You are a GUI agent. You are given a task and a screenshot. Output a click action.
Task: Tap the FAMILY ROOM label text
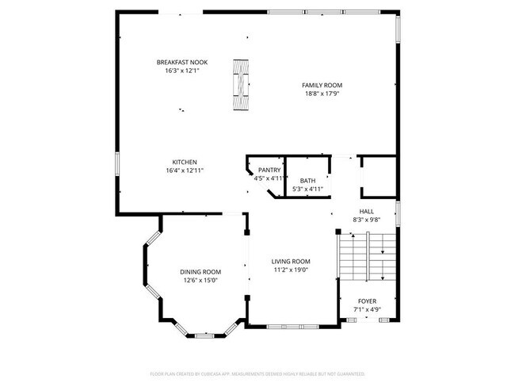pos(321,85)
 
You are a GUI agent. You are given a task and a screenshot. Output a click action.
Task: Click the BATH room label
pos(307,181)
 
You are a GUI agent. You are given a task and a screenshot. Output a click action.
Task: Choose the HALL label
pos(366,211)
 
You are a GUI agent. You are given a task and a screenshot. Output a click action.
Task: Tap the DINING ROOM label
pos(201,271)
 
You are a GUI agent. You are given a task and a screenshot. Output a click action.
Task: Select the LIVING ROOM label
pos(291,261)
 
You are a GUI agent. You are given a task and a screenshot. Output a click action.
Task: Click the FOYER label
pos(367,301)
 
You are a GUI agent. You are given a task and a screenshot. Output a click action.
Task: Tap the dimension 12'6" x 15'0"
pos(201,279)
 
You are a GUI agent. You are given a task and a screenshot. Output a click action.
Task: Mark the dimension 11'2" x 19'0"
pos(291,270)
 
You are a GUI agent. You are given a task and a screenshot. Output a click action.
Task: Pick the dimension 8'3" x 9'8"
pos(366,219)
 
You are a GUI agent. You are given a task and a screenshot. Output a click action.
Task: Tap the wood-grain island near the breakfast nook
pos(240,87)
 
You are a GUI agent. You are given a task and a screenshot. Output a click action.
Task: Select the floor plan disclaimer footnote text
pos(257,373)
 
